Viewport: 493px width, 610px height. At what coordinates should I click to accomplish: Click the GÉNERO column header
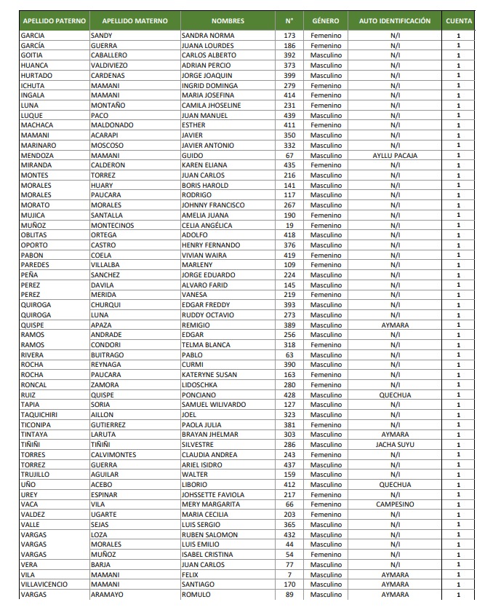point(326,21)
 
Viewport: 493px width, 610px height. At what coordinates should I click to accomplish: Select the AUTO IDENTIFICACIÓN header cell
point(395,21)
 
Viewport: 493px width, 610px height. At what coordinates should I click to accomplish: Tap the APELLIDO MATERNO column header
point(135,21)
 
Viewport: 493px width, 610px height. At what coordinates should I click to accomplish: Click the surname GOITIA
point(32,55)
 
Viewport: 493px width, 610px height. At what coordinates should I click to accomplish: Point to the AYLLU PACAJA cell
point(395,155)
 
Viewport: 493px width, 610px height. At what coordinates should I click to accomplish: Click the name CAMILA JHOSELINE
point(211,106)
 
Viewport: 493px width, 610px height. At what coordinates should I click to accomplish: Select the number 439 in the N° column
point(289,115)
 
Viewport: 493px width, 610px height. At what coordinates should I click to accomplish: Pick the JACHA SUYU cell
point(395,444)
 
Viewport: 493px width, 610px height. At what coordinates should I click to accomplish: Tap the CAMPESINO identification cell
point(395,504)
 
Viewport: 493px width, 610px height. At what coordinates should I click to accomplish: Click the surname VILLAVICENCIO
point(45,585)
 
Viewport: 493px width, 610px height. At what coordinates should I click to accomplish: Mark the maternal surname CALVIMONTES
point(113,454)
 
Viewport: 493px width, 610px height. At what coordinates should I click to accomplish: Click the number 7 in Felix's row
point(289,574)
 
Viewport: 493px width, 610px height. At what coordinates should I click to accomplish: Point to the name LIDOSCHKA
point(200,384)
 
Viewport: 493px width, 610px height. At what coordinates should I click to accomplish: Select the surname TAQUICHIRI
point(40,414)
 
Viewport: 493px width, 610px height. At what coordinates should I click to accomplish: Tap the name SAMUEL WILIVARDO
point(214,404)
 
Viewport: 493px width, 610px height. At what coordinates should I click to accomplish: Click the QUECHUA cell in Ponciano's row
point(395,395)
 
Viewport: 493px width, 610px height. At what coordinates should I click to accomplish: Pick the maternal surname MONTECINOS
point(113,225)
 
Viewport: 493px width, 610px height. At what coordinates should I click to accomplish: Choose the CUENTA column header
point(459,21)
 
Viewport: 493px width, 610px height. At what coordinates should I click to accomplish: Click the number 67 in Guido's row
point(289,155)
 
